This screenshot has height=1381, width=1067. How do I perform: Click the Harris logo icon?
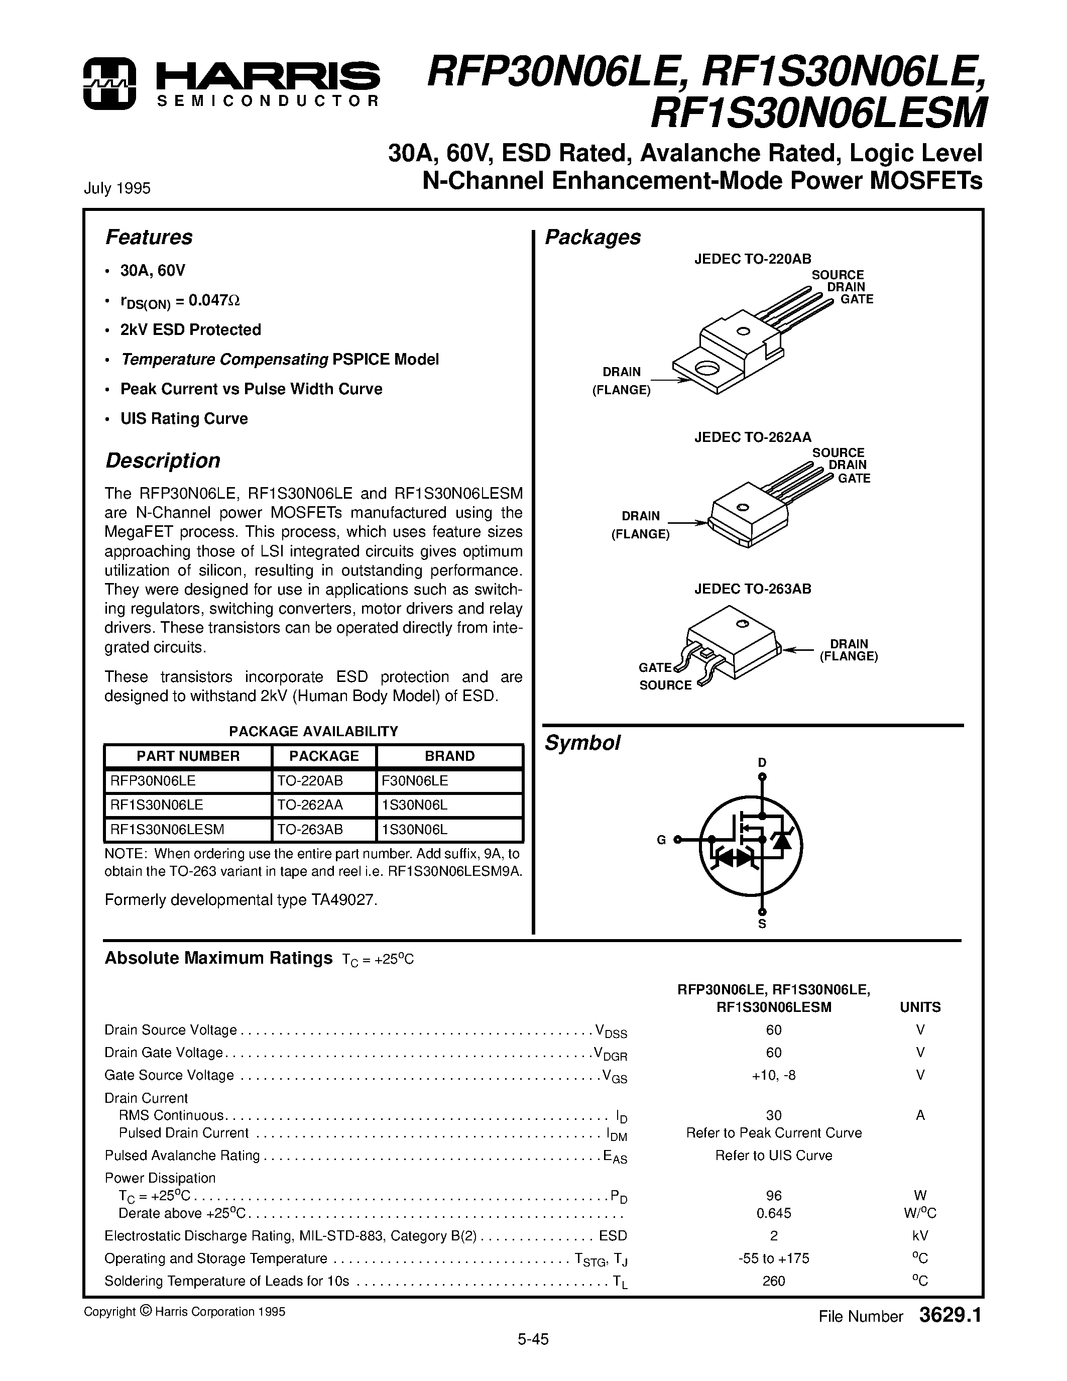(109, 83)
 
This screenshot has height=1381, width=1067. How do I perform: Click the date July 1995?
(117, 188)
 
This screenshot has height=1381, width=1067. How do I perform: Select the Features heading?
(149, 237)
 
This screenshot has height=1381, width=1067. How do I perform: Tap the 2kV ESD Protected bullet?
(190, 329)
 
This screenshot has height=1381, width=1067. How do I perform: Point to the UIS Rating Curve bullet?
(184, 419)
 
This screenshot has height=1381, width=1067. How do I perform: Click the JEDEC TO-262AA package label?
(752, 437)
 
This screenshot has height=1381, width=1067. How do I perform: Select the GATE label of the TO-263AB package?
(655, 667)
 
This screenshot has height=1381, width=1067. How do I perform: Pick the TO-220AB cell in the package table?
(310, 781)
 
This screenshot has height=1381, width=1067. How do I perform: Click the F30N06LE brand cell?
(415, 781)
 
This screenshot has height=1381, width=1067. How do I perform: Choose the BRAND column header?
(449, 756)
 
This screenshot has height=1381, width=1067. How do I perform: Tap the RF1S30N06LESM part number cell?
(168, 829)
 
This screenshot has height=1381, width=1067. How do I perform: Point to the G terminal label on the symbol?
(661, 840)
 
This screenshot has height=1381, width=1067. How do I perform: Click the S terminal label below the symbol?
(762, 925)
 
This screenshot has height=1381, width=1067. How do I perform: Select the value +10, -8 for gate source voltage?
(774, 1075)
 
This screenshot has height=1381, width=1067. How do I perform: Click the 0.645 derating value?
(774, 1213)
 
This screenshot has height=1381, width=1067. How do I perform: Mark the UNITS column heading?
(920, 1007)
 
